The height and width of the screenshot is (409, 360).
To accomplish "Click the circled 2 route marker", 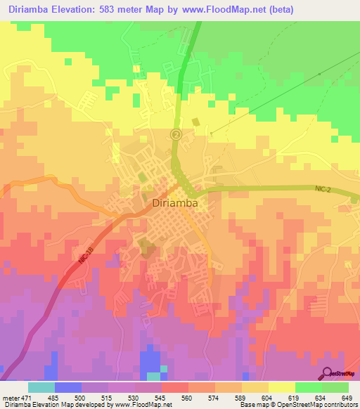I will pos(176,134).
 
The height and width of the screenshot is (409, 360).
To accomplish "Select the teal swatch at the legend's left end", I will pos(41,387).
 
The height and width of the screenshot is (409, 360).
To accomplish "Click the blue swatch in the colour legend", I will pos(67,387).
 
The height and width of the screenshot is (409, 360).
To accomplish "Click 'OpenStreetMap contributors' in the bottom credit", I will pos(324,405).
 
